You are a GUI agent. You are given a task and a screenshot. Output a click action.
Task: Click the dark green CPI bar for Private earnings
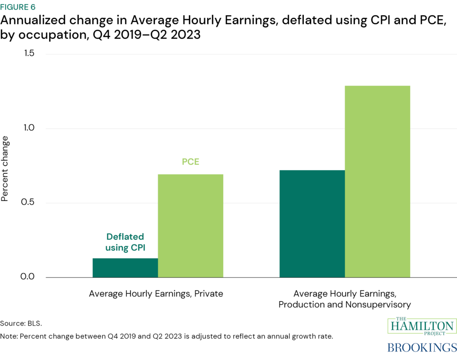pyautogui.click(x=125, y=268)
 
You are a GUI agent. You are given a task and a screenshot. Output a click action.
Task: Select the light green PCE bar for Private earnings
pyautogui.click(x=191, y=226)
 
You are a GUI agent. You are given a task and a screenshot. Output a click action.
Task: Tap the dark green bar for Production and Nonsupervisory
pyautogui.click(x=312, y=223)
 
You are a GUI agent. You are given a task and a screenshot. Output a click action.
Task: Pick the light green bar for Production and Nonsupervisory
pyautogui.click(x=378, y=181)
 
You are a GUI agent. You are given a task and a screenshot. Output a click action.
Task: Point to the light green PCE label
pyautogui.click(x=191, y=162)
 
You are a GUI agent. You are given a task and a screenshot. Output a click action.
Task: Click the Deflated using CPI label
pyautogui.click(x=125, y=242)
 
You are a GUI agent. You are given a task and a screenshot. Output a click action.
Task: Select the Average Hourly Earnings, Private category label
pyautogui.click(x=156, y=294)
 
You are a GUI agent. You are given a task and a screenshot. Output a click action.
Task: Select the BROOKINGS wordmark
pyautogui.click(x=422, y=348)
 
